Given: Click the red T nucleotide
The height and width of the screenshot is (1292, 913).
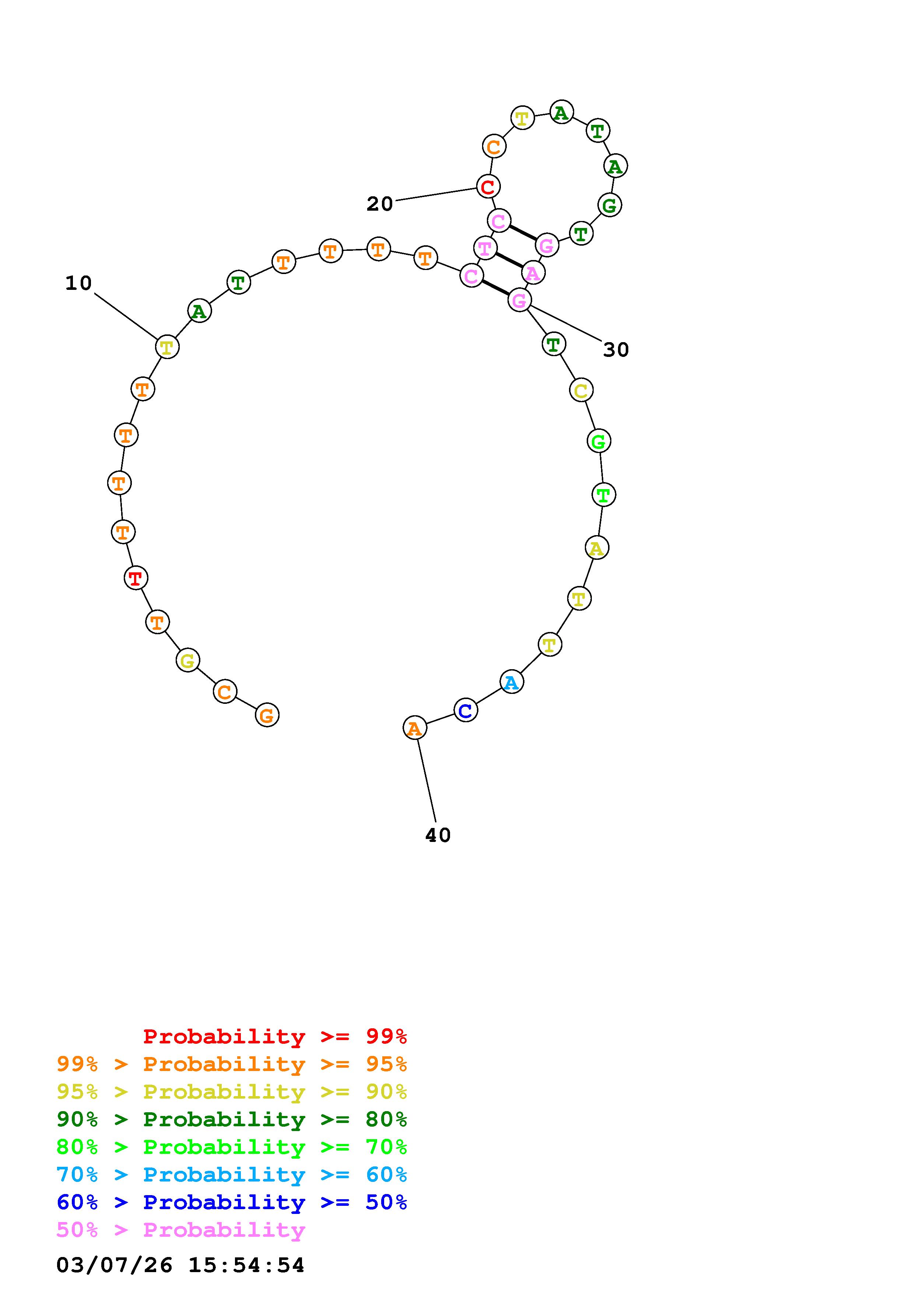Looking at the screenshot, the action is (136, 577).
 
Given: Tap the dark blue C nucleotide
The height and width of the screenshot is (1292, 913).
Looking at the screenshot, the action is (465, 710).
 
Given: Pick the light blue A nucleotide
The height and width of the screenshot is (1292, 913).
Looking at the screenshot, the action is (511, 682).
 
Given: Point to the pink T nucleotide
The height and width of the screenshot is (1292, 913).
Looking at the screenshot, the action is (485, 247).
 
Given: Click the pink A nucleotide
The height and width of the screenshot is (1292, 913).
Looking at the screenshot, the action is (532, 273).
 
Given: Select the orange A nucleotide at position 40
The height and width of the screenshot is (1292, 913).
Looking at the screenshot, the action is (415, 728).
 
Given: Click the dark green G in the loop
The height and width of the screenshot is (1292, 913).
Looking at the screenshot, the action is (610, 205).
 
